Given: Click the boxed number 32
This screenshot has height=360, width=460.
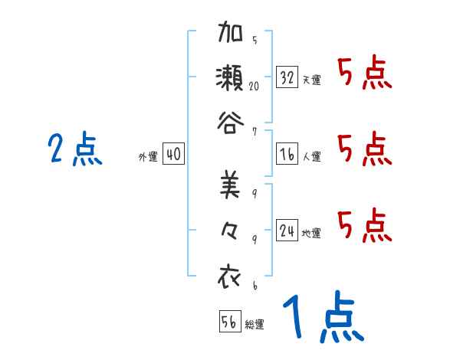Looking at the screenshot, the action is [287, 77].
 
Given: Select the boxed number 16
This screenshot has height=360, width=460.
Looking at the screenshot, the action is [287, 154].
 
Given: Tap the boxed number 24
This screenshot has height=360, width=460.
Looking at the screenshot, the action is [287, 231].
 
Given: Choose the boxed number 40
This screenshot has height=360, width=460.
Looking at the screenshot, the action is [173, 154].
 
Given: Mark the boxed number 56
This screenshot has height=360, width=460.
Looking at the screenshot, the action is [229, 322].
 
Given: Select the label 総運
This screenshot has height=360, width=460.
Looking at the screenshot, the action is [255, 325].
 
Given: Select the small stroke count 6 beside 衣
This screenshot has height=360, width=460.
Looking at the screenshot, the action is [254, 285].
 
